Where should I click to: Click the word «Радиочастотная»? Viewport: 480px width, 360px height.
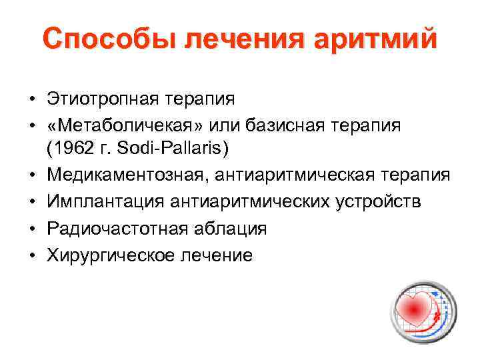click(107, 229)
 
